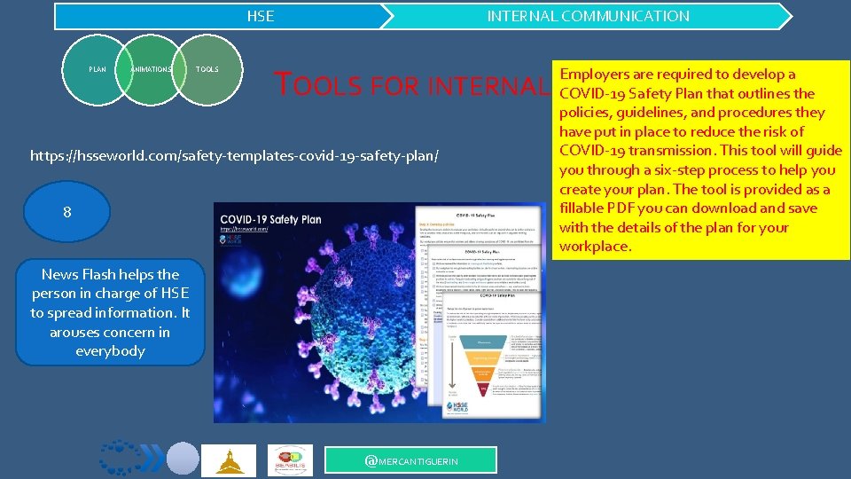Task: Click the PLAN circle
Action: tap(98, 69)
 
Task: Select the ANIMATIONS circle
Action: tap(150, 69)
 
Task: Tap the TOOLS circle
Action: tap(207, 69)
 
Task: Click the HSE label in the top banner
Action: tap(260, 16)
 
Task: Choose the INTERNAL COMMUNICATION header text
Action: tap(588, 16)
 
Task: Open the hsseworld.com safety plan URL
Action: tap(234, 156)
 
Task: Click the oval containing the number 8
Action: tap(67, 213)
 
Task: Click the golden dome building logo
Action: tap(228, 460)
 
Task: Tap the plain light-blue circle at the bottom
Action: tap(183, 459)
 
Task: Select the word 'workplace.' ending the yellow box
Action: tap(595, 247)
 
